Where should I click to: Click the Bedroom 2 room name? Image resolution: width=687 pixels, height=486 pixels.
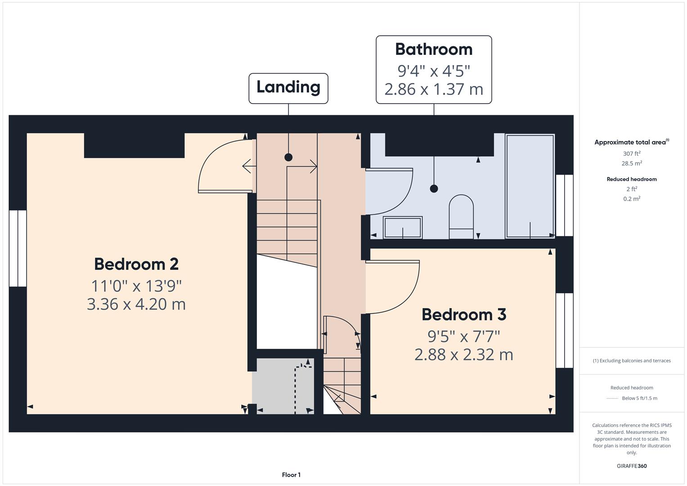136,264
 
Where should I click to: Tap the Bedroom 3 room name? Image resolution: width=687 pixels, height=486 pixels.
463,315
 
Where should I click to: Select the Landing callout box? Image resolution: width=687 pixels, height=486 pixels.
288,88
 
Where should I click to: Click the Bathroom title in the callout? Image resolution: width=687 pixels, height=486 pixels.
434,49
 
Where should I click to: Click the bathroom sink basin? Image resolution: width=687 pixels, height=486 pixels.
402,227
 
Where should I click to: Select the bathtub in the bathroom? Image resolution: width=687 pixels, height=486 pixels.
530,186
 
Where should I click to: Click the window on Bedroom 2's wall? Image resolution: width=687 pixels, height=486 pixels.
18,248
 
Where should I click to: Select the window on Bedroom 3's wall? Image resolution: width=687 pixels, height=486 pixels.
564,330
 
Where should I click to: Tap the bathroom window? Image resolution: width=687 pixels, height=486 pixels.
564,205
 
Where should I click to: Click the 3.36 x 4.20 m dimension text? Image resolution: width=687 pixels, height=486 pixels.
136,304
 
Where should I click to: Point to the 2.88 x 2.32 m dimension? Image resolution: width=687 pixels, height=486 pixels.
463,355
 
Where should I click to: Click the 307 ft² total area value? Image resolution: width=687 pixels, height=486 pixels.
632,153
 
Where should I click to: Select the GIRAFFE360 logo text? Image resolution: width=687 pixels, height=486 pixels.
632,466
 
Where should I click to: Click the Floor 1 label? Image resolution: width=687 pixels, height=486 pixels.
291,475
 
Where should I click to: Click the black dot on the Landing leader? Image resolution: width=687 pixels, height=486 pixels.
288,157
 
